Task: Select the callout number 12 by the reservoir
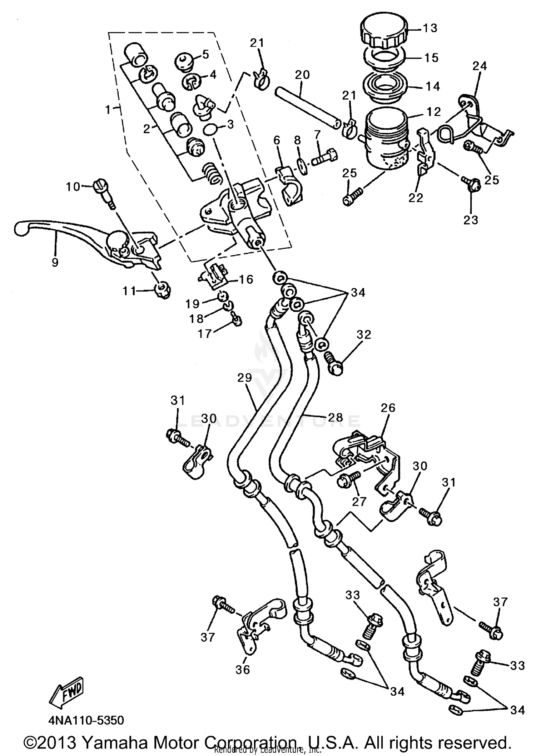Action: [x=434, y=112]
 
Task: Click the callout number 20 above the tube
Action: [x=302, y=75]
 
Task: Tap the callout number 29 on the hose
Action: [x=245, y=378]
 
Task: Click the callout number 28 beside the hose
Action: [x=335, y=417]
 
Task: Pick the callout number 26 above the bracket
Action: [x=388, y=408]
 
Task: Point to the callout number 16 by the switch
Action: [x=246, y=279]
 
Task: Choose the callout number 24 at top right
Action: [x=480, y=66]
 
